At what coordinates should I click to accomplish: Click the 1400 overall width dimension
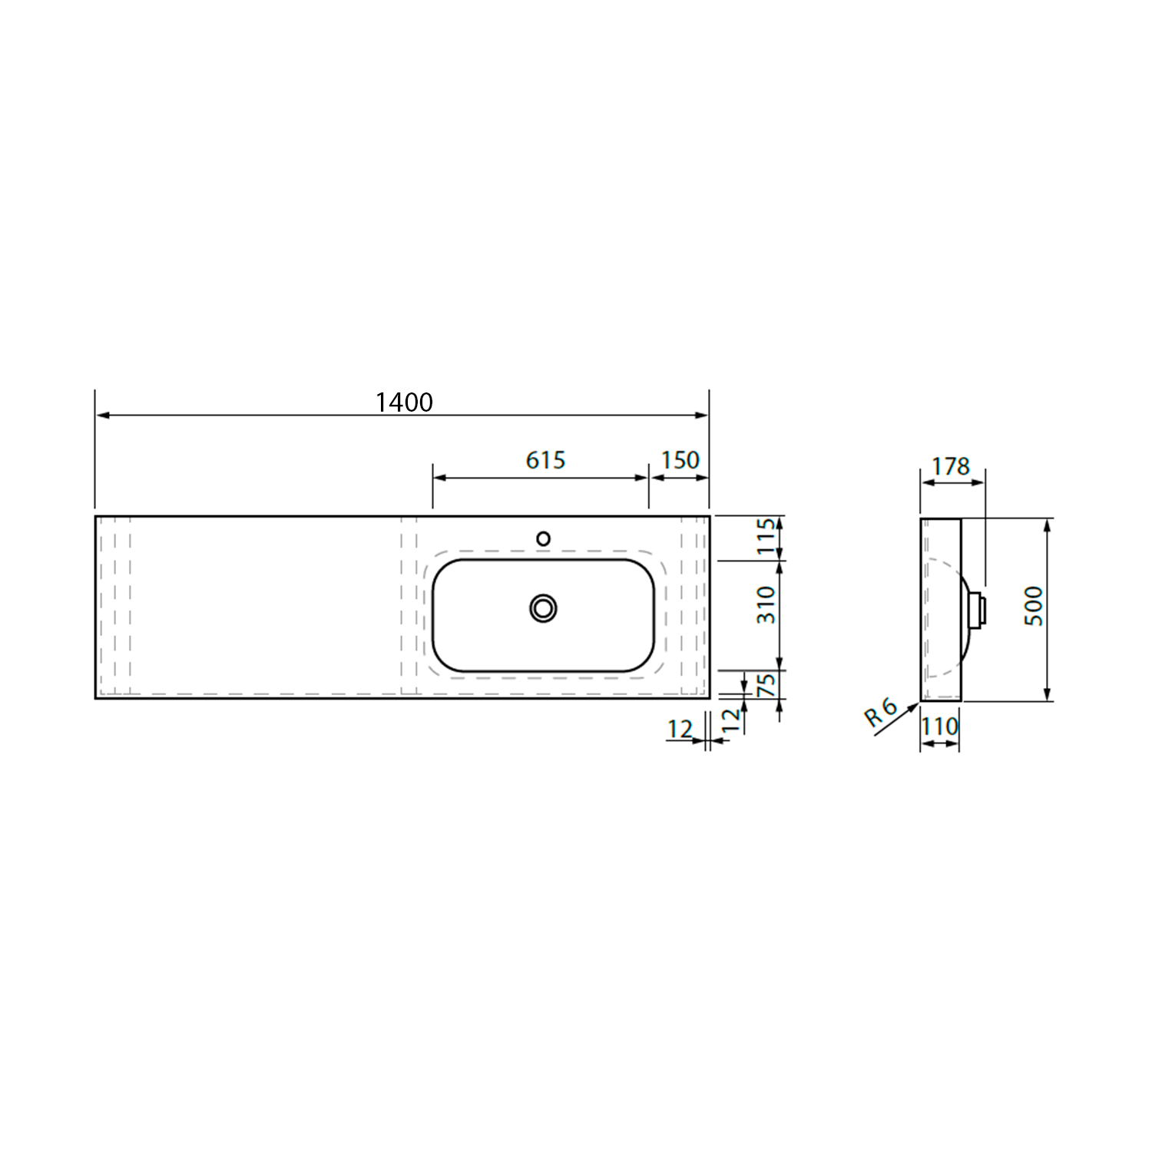click(404, 402)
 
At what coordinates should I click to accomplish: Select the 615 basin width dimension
click(545, 460)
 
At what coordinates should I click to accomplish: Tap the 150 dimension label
click(680, 460)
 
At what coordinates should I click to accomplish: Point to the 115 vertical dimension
click(766, 537)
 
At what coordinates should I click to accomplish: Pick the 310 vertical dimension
click(766, 604)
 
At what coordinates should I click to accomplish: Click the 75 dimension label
click(766, 684)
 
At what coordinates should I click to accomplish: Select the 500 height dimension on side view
click(1034, 606)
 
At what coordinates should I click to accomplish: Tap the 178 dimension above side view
click(951, 465)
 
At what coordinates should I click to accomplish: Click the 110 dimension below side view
click(940, 726)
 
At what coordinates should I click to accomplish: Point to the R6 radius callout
click(880, 713)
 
